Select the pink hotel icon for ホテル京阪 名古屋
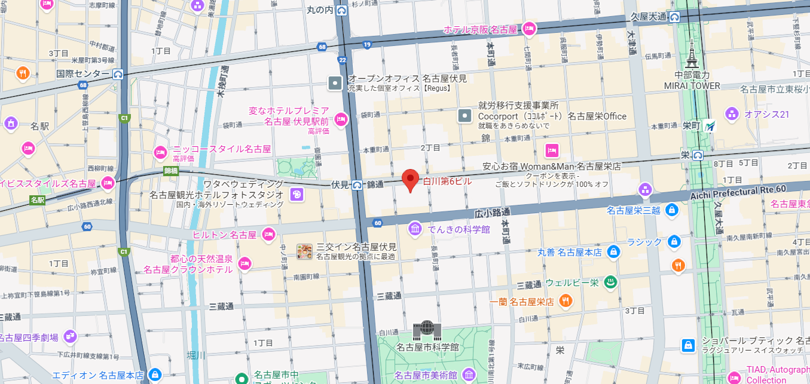click(528, 29)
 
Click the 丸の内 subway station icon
click(342, 10)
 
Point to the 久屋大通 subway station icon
click(674, 17)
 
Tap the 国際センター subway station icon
click(118, 74)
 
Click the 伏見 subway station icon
click(357, 185)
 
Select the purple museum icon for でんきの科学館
click(415, 229)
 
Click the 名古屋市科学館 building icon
click(427, 330)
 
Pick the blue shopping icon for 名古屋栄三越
click(671, 210)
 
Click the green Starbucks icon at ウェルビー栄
click(610, 282)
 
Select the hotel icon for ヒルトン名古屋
click(268, 234)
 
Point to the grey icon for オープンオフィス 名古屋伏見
click(335, 83)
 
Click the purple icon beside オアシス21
click(732, 114)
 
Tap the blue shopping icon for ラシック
click(674, 241)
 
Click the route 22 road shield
click(342, 59)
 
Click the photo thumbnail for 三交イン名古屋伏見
click(304, 251)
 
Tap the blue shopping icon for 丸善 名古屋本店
click(613, 252)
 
